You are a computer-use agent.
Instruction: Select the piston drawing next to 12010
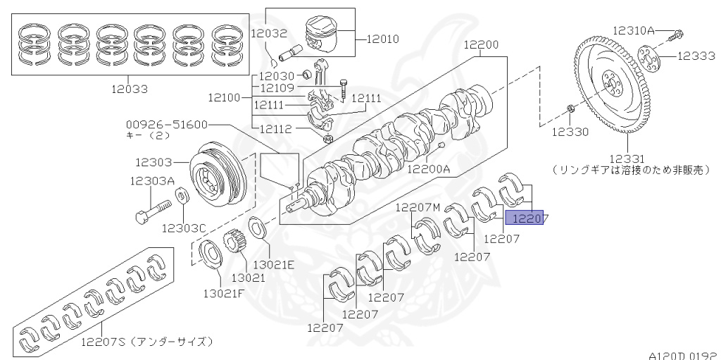[327, 36]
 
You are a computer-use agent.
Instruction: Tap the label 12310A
[633, 30]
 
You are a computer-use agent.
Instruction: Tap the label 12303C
[184, 228]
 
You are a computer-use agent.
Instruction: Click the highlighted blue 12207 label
[527, 218]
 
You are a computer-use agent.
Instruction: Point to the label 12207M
[418, 207]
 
